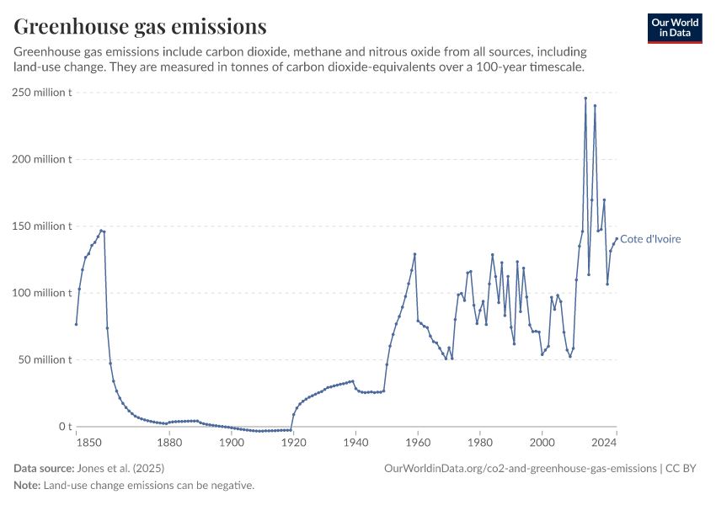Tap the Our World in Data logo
[x=674, y=28]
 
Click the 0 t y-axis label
[x=63, y=427]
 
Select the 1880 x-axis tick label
[x=169, y=442]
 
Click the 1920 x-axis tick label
[x=293, y=442]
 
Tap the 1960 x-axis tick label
[x=418, y=442]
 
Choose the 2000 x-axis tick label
[x=542, y=442]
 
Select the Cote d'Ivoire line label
[x=650, y=239]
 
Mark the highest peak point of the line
[x=585, y=98]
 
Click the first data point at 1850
[x=76, y=324]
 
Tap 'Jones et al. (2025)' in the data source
[x=120, y=468]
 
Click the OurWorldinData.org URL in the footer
[x=520, y=468]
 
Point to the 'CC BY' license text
[x=683, y=468]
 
